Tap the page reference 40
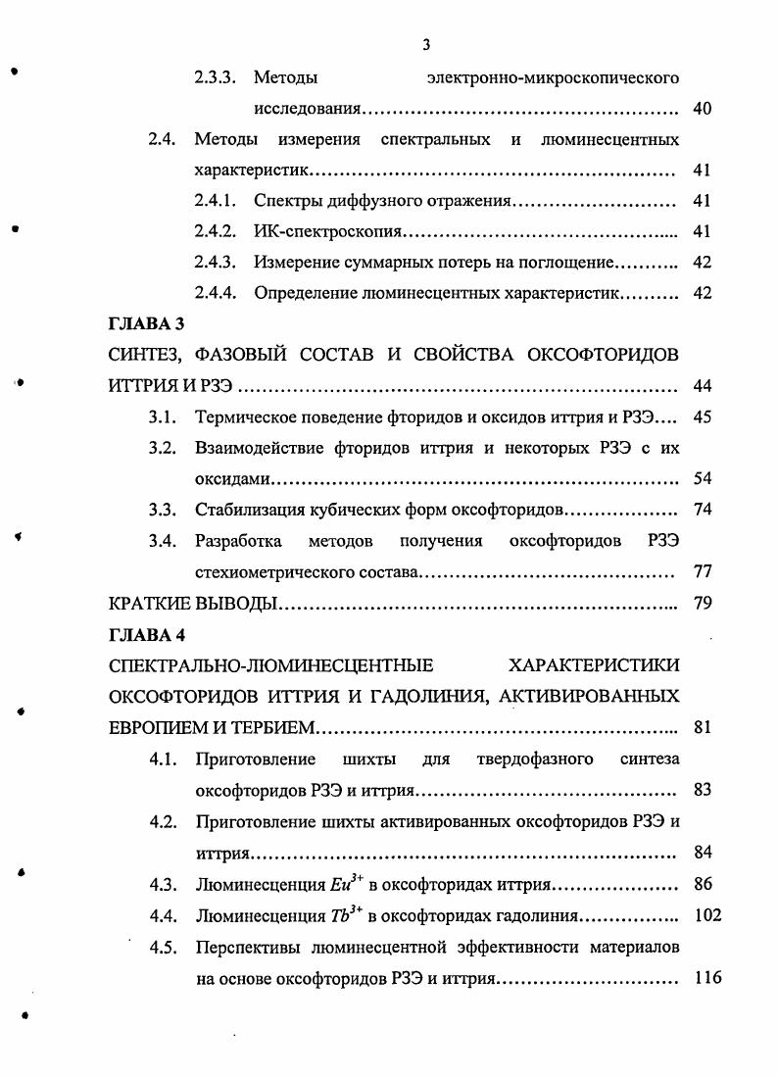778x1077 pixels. point(702,108)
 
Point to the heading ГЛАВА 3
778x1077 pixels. point(147,323)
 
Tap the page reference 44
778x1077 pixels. point(702,385)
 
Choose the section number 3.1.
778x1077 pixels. point(162,416)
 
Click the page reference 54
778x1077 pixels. point(702,478)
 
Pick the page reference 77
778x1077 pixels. point(702,571)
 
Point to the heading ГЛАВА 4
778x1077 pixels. point(147,634)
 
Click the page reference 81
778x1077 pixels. point(702,727)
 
